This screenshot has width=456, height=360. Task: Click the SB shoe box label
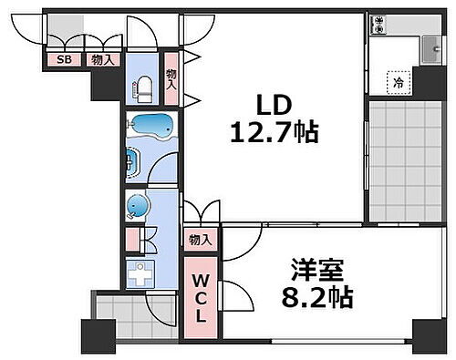click(64, 60)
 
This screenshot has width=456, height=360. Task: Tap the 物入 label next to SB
click(100, 60)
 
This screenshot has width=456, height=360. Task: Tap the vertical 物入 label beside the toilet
click(171, 82)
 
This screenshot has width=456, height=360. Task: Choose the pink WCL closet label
click(202, 297)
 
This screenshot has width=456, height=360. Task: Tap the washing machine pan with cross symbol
click(141, 273)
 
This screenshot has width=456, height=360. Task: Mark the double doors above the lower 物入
click(202, 215)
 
